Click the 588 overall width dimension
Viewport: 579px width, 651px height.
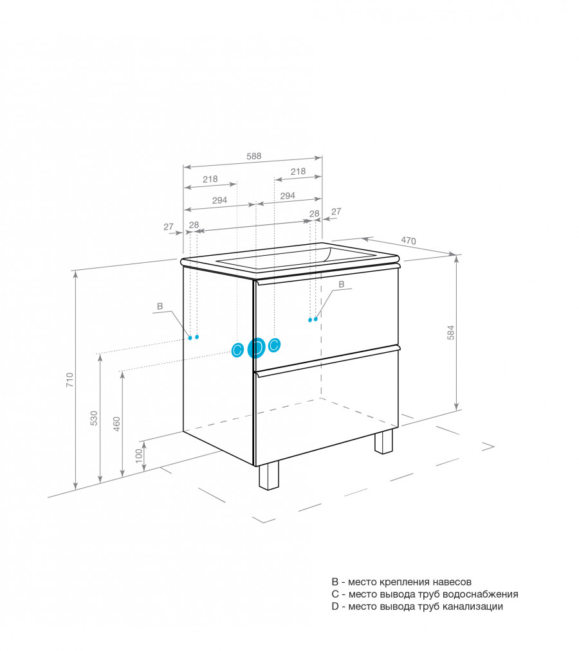pyautogui.click(x=254, y=156)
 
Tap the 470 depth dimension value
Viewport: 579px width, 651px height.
pyautogui.click(x=408, y=240)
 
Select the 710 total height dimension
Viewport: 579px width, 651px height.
pyautogui.click(x=69, y=380)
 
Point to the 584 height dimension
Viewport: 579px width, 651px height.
pyautogui.click(x=451, y=332)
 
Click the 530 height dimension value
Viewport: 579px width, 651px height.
pyautogui.click(x=94, y=418)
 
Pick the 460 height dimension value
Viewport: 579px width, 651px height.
pyautogui.click(x=117, y=424)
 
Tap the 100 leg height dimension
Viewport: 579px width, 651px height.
pyautogui.click(x=139, y=456)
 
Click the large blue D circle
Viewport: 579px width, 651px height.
pyautogui.click(x=256, y=348)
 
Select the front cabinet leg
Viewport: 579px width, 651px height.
pyautogui.click(x=269, y=476)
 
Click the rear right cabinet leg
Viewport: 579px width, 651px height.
pyautogui.click(x=383, y=441)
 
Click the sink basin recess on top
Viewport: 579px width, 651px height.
pyautogui.click(x=295, y=258)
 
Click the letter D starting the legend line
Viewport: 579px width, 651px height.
pyautogui.click(x=335, y=607)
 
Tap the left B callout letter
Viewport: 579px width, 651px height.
pyautogui.click(x=160, y=307)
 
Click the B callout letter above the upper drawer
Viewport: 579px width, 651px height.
pyautogui.click(x=341, y=285)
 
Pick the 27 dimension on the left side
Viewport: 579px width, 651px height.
pyautogui.click(x=169, y=227)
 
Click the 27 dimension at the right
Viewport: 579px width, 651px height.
pyautogui.click(x=336, y=211)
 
